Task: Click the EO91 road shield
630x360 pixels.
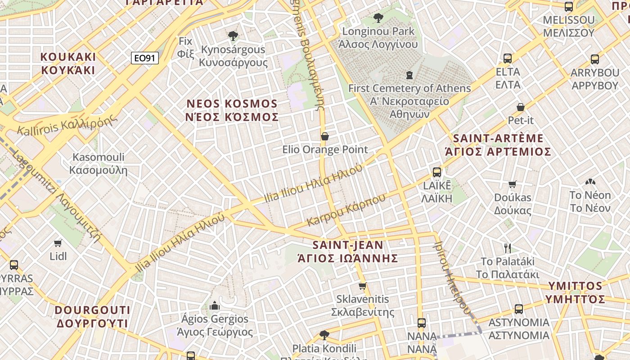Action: point(145,58)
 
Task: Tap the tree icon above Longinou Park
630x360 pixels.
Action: point(378,18)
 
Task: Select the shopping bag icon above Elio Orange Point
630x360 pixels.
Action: point(324,136)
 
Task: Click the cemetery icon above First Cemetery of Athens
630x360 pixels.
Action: point(409,74)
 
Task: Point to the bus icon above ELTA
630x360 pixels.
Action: point(508,58)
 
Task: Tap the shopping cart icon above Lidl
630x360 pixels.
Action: point(58,243)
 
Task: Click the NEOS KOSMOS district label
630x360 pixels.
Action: point(232,110)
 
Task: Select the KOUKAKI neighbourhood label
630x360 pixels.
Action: point(68,63)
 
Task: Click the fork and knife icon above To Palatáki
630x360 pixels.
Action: point(508,248)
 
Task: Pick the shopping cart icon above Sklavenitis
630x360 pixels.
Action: point(363,286)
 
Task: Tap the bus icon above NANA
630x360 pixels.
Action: point(422,323)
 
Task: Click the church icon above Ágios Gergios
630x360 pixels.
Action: point(215,306)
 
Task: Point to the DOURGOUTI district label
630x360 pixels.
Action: point(93,317)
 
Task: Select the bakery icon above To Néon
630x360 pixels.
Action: point(590,182)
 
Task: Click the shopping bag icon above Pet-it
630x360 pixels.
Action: point(520,107)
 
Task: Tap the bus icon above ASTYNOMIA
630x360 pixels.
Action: point(519,309)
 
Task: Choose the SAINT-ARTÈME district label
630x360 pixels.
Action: point(498,145)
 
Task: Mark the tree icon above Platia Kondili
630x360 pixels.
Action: point(324,335)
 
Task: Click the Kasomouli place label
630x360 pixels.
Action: point(99,164)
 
